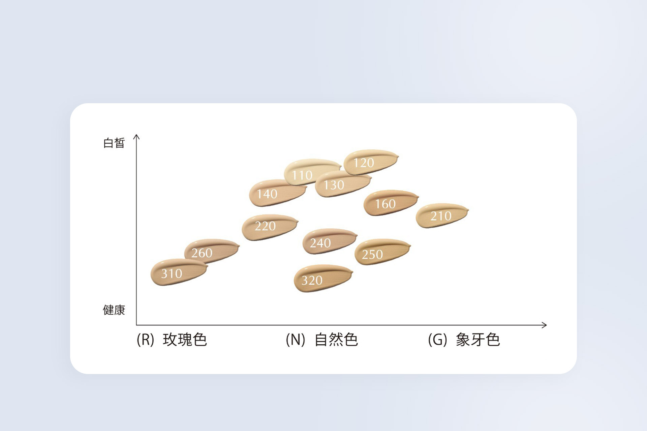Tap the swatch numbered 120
tap(371, 162)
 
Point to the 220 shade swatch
tap(270, 227)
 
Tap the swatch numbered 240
tap(330, 241)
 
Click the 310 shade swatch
tap(179, 272)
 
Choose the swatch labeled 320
tap(323, 278)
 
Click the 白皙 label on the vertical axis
tap(114, 143)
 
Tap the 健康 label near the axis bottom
tap(114, 310)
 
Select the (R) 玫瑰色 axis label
tap(172, 340)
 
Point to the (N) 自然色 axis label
tap(321, 340)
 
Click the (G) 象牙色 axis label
tap(464, 340)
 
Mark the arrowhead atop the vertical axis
tap(136, 136)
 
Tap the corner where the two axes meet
tap(136, 325)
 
